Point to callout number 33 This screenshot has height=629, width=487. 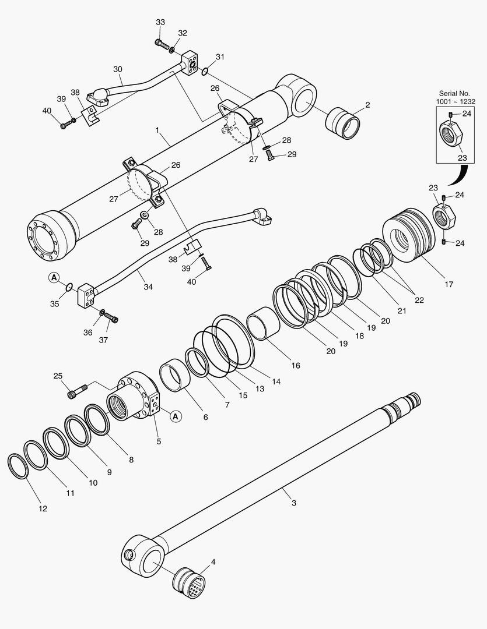pos(160,22)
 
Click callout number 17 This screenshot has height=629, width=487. pos(449,284)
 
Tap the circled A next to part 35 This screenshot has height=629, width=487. pos(54,278)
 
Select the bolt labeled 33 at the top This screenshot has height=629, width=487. pos(162,44)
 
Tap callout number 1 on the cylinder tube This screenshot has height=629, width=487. pos(157,132)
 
